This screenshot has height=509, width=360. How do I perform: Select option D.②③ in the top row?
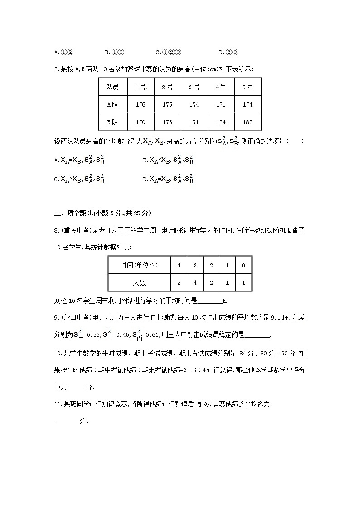pyautogui.click(x=229, y=52)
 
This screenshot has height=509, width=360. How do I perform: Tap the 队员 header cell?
pyautogui.click(x=113, y=87)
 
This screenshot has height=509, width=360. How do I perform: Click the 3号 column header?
pyautogui.click(x=194, y=87)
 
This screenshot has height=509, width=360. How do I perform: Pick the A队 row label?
pyautogui.click(x=113, y=104)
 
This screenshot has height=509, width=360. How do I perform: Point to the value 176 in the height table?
pyautogui.click(x=141, y=104)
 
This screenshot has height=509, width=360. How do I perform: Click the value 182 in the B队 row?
pyautogui.click(x=248, y=122)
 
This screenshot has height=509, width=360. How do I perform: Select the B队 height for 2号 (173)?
pyautogui.click(x=167, y=122)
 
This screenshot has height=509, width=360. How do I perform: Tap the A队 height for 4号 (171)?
pyautogui.click(x=221, y=104)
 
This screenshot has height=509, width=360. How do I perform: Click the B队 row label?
pyautogui.click(x=113, y=122)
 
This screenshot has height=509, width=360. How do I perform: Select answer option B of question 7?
pyautogui.click(x=168, y=160)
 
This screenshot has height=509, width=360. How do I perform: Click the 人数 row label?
pyautogui.click(x=139, y=282)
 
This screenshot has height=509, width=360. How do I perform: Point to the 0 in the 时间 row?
pyautogui.click(x=243, y=265)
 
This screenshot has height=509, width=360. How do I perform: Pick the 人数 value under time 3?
pyautogui.click(x=195, y=282)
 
